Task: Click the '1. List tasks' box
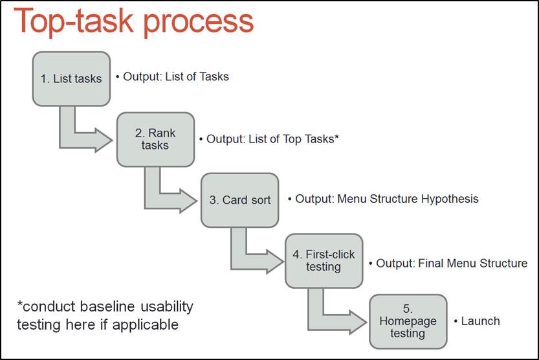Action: [71, 78]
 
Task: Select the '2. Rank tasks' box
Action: [155, 139]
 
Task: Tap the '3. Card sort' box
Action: [240, 199]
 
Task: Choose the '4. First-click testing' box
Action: [324, 260]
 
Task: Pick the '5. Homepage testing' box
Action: [408, 321]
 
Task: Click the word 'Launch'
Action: [480, 321]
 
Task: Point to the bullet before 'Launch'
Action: [456, 321]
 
